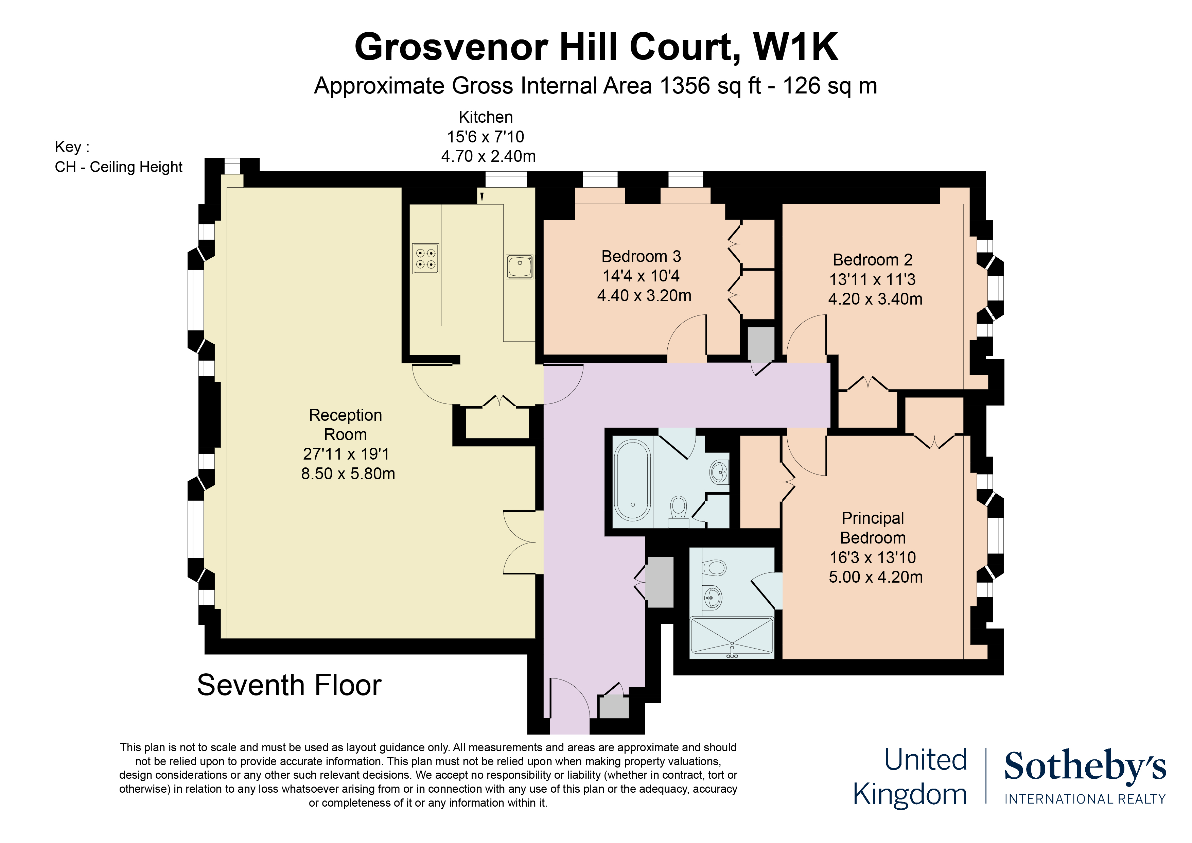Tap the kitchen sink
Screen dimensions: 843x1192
[520, 266]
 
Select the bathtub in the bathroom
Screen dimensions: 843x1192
[632, 480]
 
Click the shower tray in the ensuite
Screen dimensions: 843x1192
[732, 637]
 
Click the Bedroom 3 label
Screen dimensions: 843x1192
[641, 257]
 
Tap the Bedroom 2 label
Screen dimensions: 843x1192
[872, 260]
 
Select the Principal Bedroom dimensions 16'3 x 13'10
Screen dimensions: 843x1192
[873, 557]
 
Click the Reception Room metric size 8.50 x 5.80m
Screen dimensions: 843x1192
[348, 474]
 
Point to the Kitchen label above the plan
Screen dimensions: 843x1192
[486, 117]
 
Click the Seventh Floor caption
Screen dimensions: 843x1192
[289, 685]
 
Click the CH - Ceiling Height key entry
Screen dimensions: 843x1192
[118, 167]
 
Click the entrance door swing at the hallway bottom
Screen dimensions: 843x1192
[570, 699]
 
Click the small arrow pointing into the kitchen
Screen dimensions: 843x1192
[482, 196]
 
